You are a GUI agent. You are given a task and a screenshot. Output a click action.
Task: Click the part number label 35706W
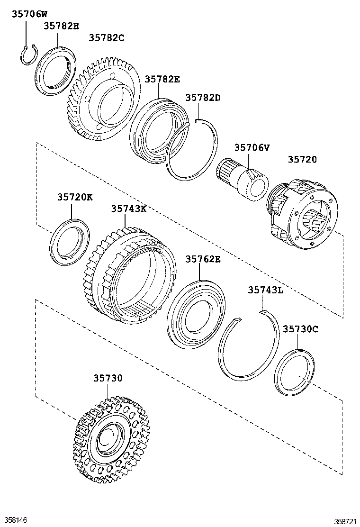pyautogui.click(x=30, y=15)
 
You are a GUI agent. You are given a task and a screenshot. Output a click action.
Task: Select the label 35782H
pyautogui.click(x=62, y=26)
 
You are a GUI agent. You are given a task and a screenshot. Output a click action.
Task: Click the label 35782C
pyautogui.click(x=107, y=38)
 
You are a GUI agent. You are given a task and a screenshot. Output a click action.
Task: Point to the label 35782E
pyautogui.click(x=162, y=79)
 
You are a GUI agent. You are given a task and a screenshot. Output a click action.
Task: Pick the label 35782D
pyautogui.click(x=203, y=98)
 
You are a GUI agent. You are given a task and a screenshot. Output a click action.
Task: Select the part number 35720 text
pyautogui.click(x=302, y=159)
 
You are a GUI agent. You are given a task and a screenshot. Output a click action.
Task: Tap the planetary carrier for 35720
pyautogui.click(x=303, y=215)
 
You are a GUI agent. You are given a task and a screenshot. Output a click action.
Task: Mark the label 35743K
pyautogui.click(x=129, y=209)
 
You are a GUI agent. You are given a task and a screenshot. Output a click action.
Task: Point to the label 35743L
pyautogui.click(x=265, y=290)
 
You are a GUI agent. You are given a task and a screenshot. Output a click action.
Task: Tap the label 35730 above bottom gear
pyautogui.click(x=108, y=378)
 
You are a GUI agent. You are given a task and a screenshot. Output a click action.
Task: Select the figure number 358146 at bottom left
pyautogui.click(x=16, y=520)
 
